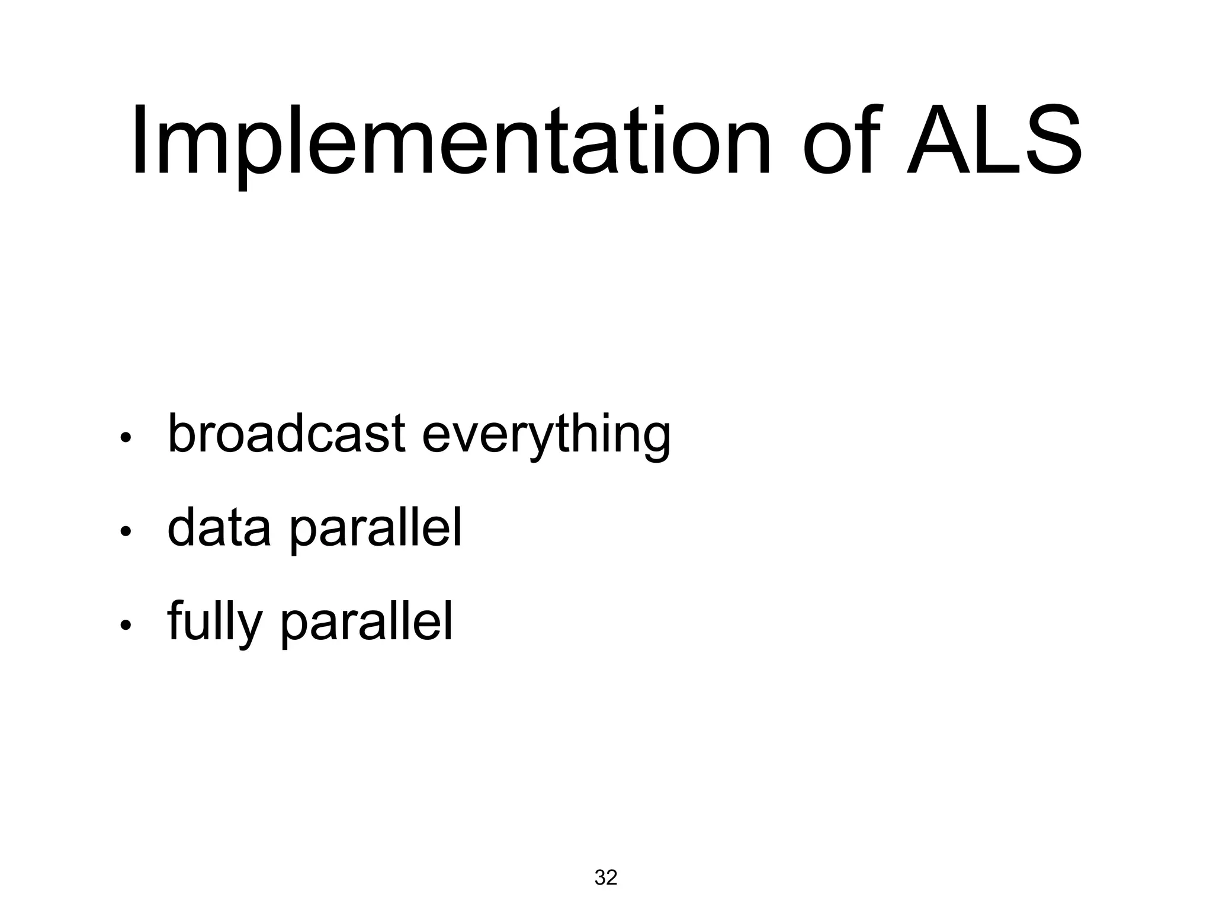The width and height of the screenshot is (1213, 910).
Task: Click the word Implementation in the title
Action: pyautogui.click(x=450, y=142)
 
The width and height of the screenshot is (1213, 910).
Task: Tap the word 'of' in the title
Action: pyautogui.click(x=841, y=142)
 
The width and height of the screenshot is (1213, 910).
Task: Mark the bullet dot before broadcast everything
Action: pyautogui.click(x=125, y=439)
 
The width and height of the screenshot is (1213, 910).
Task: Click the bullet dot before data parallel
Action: pyautogui.click(x=125, y=533)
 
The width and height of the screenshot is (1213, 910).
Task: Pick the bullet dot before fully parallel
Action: pyautogui.click(x=125, y=626)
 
